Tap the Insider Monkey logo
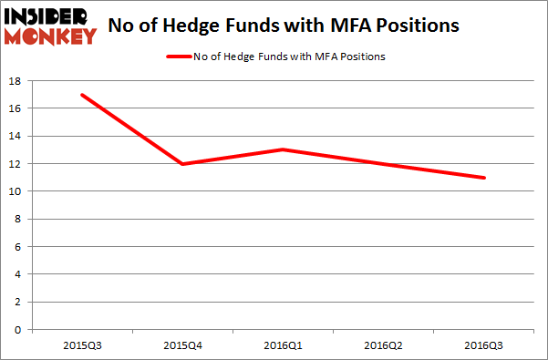52,26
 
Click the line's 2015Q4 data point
182,164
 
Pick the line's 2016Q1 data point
283,149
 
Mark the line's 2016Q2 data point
383,164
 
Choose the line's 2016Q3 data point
483,178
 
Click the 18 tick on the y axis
16,81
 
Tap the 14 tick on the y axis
16,136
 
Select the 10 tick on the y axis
16,191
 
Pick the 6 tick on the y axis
19,246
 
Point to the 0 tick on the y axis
19,329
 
